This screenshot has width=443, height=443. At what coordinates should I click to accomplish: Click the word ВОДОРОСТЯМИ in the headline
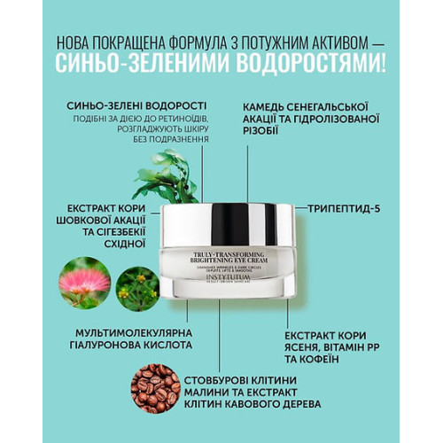(x=301, y=64)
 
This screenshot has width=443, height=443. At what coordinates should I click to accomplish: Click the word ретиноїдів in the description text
(x=182, y=119)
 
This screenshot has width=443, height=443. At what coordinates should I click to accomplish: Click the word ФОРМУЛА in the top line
(x=198, y=43)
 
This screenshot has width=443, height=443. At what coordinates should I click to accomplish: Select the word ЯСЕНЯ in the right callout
(x=304, y=350)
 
